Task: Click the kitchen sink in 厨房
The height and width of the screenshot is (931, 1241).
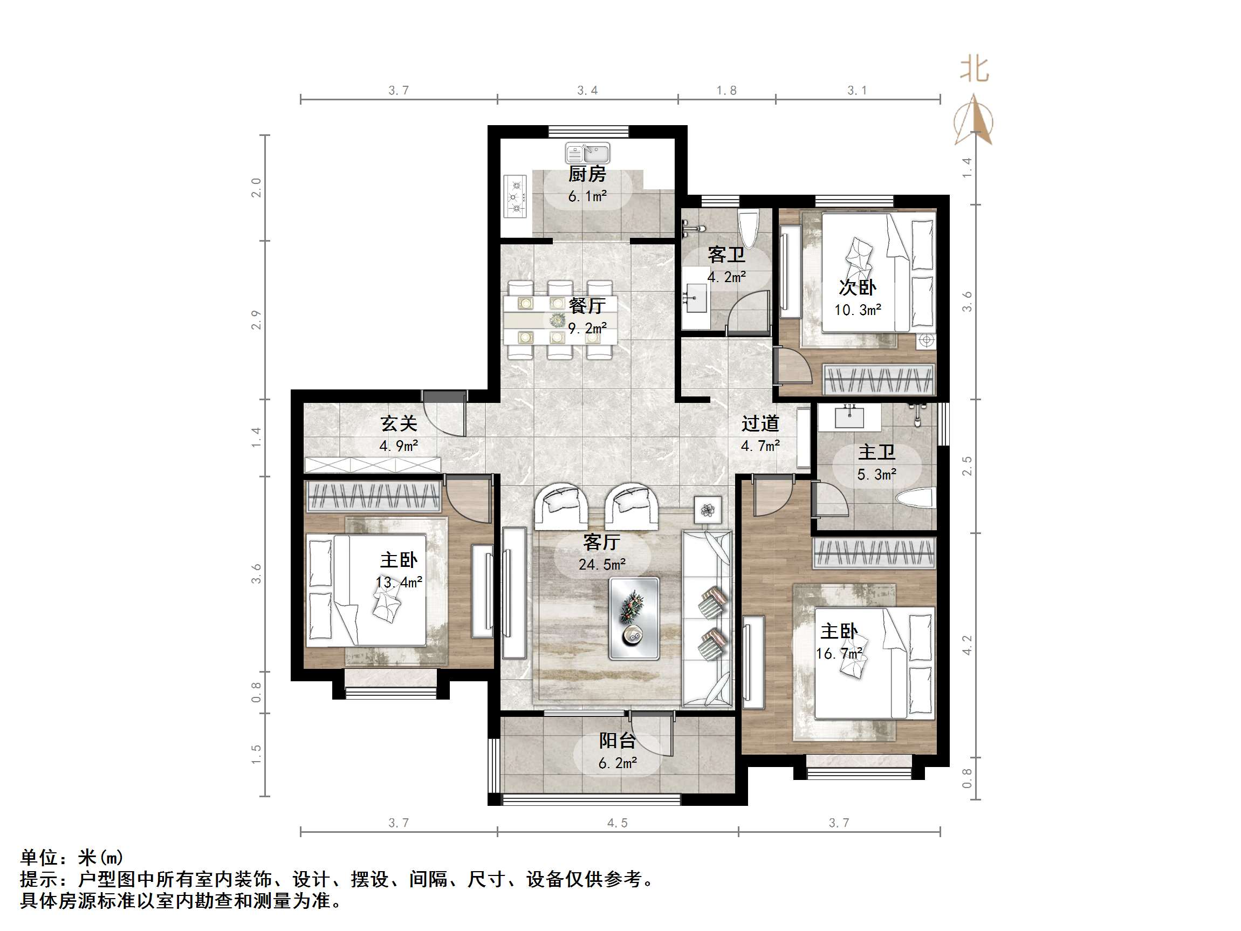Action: tap(587, 153)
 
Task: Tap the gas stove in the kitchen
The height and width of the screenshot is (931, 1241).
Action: tap(515, 196)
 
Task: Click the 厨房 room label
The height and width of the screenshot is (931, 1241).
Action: tap(587, 174)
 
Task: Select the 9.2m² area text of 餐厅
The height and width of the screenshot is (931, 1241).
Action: tap(587, 328)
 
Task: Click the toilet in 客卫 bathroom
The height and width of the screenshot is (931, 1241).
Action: tap(749, 225)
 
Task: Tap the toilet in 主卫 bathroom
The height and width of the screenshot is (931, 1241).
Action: tap(916, 498)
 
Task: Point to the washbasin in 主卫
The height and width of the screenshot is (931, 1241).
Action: tap(849, 417)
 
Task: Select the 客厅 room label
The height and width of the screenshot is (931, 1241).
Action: tap(601, 542)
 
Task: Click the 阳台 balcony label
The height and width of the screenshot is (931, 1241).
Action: tap(617, 741)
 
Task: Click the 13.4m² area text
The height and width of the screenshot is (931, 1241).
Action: tap(399, 583)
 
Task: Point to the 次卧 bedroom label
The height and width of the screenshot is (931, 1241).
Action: tap(857, 287)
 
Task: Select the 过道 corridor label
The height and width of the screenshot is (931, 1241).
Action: tap(760, 423)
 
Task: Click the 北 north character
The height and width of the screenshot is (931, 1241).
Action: tap(975, 70)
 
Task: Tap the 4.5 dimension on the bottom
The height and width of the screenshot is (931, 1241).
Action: tap(617, 823)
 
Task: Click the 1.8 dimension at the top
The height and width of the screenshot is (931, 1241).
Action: tap(726, 91)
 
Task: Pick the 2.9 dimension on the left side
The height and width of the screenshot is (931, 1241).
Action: tap(256, 320)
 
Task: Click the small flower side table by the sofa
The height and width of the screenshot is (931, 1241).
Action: tap(708, 510)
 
